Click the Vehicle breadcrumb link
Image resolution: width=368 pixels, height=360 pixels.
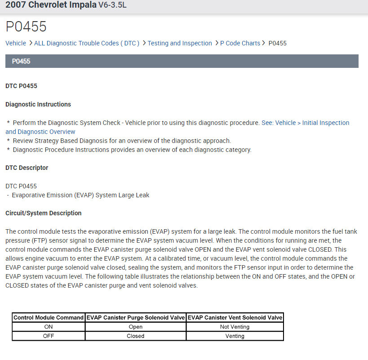coord(16,43)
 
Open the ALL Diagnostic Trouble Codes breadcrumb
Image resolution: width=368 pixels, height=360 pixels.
coord(87,43)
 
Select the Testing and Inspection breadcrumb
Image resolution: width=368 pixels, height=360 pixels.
coord(180,43)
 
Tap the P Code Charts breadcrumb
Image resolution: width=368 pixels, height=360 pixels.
coord(240,43)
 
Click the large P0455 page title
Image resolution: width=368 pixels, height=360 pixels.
coord(26,27)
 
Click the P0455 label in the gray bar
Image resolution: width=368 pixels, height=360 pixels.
coord(21,61)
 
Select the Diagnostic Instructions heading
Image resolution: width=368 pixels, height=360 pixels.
coord(38,104)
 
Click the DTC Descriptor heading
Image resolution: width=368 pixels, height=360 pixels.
coord(27,168)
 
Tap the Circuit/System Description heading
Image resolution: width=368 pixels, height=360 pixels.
coord(44,213)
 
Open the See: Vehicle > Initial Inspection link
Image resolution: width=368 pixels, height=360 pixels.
coord(305,123)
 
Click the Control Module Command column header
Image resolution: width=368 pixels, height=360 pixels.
coord(49,318)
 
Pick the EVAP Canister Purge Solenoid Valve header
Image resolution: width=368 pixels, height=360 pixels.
coord(135,318)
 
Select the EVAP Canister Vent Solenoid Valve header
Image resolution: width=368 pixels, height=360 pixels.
coord(235,318)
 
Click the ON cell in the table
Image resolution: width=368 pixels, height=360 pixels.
coord(49,327)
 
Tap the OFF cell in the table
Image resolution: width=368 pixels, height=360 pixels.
coord(49,336)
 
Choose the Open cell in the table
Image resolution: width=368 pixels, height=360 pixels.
coord(135,327)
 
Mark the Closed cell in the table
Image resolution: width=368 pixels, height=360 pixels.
coord(135,336)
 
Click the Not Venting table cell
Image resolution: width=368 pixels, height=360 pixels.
coord(235,327)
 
